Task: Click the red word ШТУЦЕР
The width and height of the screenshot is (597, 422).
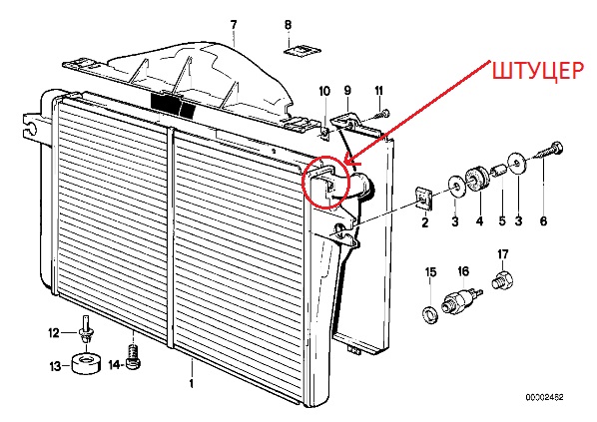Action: click(x=538, y=71)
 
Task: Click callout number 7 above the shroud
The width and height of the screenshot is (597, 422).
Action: click(x=234, y=25)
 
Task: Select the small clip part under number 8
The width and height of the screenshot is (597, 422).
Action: click(x=302, y=51)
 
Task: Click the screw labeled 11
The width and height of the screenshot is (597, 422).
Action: click(x=382, y=114)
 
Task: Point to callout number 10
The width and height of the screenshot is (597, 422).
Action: click(x=324, y=92)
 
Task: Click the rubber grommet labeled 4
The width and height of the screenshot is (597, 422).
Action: click(x=477, y=179)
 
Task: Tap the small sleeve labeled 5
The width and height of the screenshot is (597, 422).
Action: click(x=498, y=169)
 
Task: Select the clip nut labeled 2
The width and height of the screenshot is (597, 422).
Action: click(x=423, y=199)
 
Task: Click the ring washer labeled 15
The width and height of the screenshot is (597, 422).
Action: click(x=430, y=315)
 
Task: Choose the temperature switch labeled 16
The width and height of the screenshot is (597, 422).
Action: click(x=461, y=298)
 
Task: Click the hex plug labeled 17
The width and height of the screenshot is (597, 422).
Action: click(x=502, y=279)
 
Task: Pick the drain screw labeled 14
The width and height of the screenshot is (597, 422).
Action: click(x=134, y=357)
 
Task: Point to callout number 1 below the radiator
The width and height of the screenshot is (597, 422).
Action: click(x=192, y=383)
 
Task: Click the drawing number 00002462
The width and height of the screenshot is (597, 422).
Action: click(x=544, y=397)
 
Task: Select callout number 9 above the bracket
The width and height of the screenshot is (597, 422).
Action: click(x=347, y=90)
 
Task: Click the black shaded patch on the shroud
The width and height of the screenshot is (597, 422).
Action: click(x=173, y=105)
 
